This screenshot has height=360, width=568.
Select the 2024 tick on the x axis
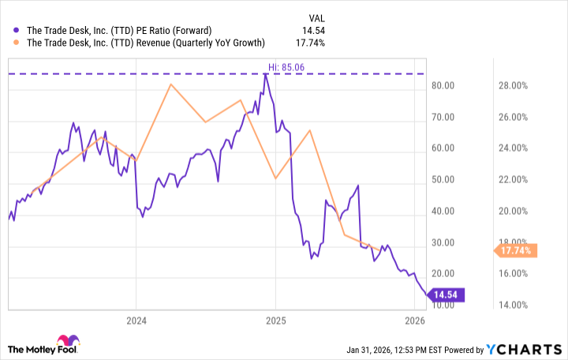tap(136, 321)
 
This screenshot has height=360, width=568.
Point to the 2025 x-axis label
tap(275, 321)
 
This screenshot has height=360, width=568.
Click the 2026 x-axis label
tap(415, 321)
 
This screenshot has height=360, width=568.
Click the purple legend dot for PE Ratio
tap(17, 31)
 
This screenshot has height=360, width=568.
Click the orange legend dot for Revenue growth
tap(17, 43)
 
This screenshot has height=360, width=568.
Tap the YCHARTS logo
tap(529, 349)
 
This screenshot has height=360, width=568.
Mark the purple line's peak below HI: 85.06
tap(265, 74)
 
